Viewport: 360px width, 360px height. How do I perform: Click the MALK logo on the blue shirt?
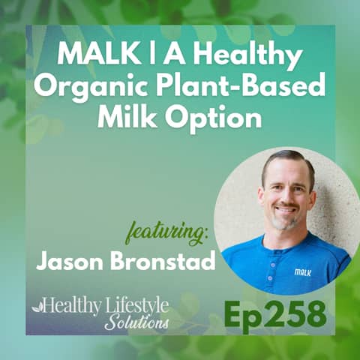(x=302, y=272)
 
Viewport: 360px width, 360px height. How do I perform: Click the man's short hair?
(x=285, y=159)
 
